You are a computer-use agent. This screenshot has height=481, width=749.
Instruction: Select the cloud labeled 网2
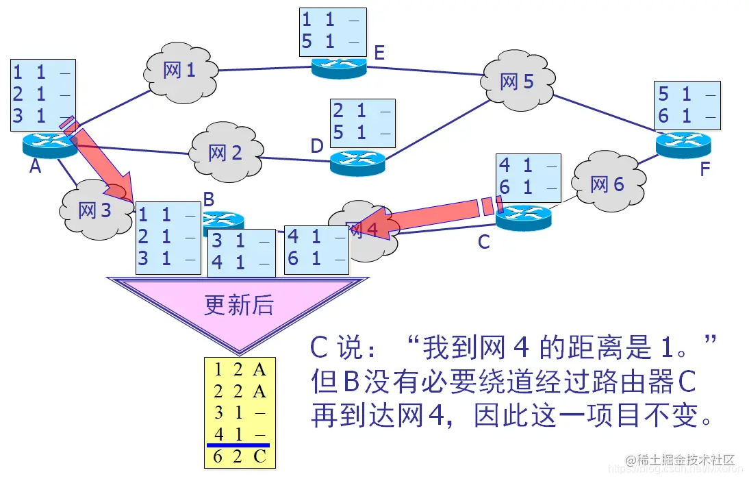tap(225, 152)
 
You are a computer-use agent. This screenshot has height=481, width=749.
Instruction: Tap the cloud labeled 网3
tap(94, 210)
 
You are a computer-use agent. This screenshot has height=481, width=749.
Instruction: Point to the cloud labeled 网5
tap(516, 82)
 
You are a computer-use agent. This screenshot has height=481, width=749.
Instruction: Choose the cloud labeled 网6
tap(607, 184)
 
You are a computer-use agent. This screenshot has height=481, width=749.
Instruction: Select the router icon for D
tap(357, 162)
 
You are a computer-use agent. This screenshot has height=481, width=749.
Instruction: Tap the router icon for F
tap(683, 143)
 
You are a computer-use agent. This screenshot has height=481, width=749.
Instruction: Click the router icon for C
tap(523, 218)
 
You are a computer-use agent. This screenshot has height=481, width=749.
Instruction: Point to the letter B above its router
tap(209, 199)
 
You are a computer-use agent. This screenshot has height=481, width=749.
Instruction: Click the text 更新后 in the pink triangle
tap(238, 305)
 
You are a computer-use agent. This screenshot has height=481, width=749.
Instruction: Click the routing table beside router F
tap(687, 105)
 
